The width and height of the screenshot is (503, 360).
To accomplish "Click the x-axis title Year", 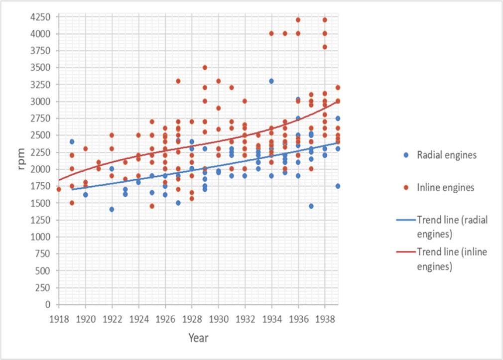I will [198, 338].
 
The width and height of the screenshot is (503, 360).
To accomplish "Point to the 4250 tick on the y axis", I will [39, 17].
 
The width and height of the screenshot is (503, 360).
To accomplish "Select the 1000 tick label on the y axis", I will [41, 237].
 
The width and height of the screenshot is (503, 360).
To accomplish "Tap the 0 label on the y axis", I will [48, 304].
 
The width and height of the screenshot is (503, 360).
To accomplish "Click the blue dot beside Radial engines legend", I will [407, 155].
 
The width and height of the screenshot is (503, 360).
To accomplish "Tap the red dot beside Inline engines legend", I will [407, 188].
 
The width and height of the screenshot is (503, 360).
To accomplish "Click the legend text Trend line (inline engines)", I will [452, 259].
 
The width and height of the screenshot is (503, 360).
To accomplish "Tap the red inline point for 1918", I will [59, 189].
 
